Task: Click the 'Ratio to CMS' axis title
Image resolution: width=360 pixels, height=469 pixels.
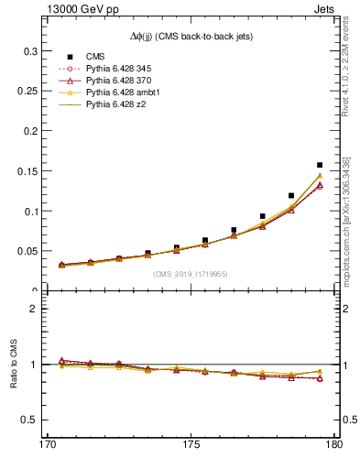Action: click(16, 365)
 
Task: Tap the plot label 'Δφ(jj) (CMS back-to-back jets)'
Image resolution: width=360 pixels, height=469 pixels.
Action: click(191, 37)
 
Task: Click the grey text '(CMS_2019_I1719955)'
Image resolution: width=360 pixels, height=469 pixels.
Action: click(191, 273)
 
